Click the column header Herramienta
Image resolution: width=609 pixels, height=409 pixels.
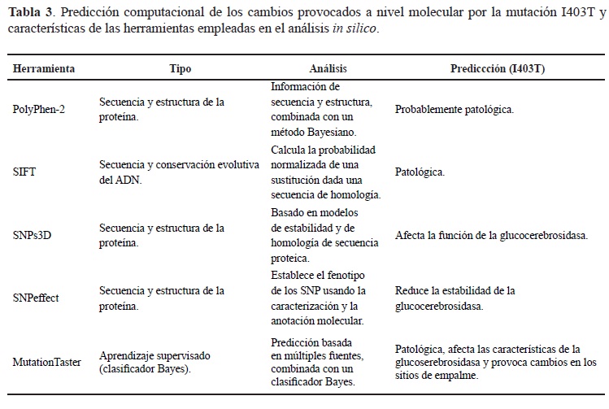coord(44,69)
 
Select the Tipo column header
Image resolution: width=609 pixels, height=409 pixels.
coord(181,69)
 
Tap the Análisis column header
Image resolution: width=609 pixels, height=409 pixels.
coord(329,69)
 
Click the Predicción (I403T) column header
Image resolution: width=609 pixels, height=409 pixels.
coord(498,69)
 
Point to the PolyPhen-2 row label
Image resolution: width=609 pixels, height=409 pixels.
coord(41,108)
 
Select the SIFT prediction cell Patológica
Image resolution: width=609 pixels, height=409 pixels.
coord(420,172)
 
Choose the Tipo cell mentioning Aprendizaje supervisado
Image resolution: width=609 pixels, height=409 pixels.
coord(154,361)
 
